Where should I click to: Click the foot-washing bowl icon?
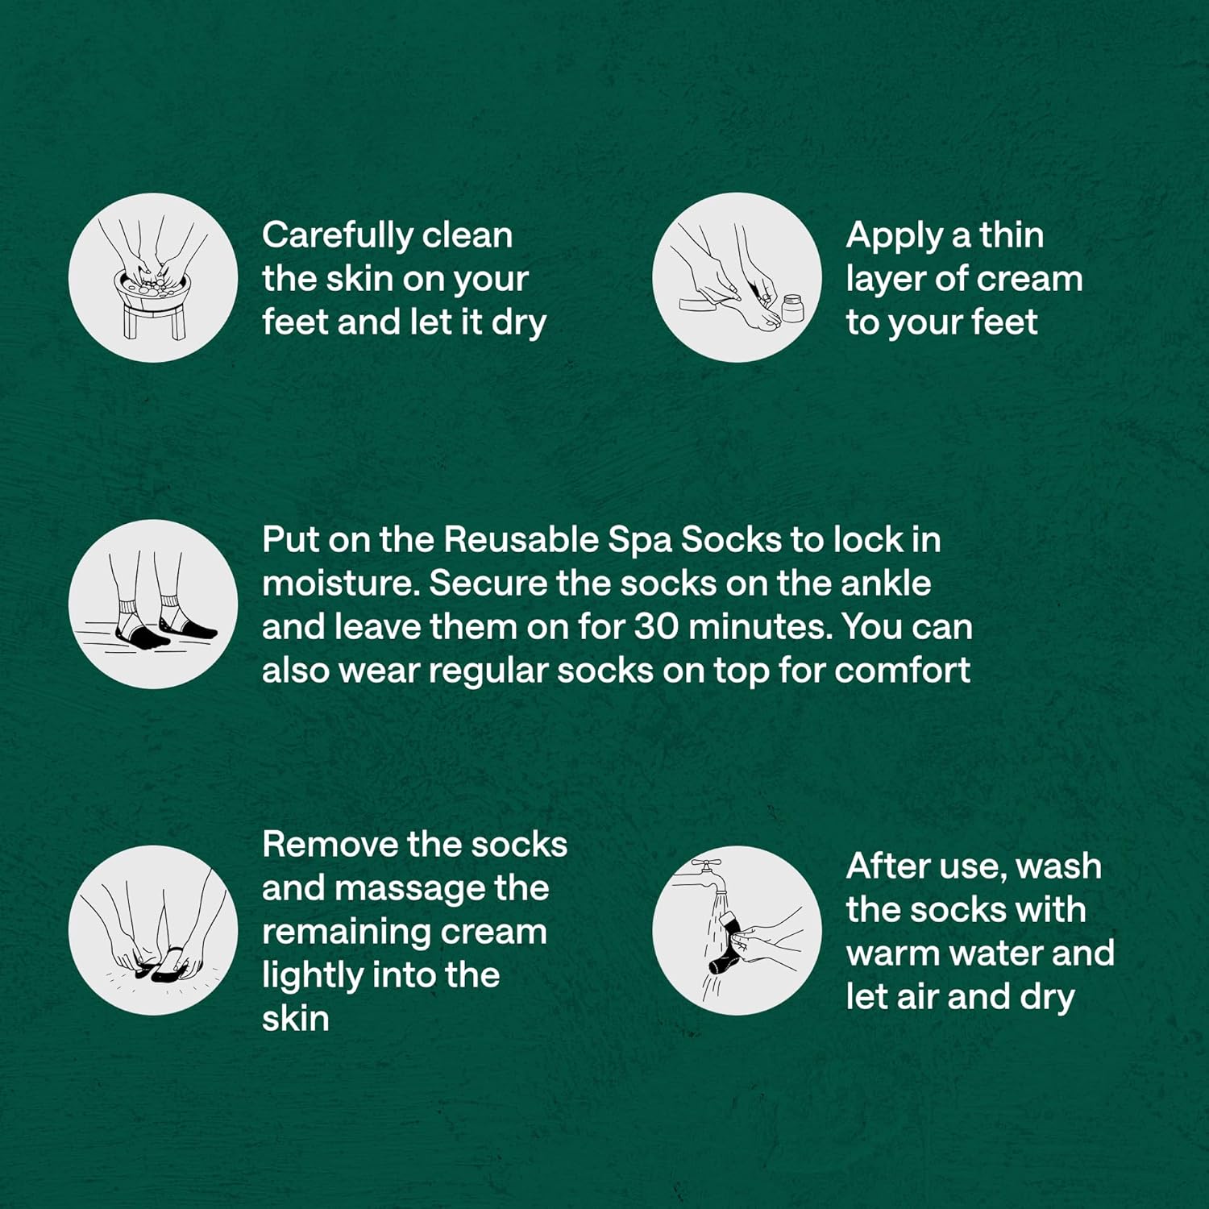153,277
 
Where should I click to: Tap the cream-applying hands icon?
737,277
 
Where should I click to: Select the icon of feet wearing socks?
153,604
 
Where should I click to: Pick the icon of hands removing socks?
153,930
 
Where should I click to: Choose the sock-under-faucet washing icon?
737,930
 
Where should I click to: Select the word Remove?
330,845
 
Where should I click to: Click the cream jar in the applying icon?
793,309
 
